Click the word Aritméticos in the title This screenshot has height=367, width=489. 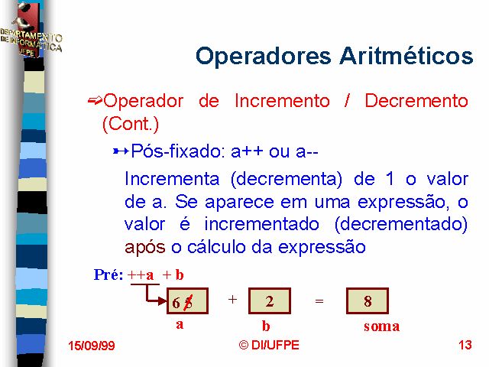406,56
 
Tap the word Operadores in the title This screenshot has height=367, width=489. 263,56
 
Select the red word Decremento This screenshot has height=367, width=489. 416,101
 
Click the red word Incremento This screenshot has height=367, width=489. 282,101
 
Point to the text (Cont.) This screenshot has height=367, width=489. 131,124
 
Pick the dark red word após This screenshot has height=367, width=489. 144,248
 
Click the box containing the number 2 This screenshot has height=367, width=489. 270,300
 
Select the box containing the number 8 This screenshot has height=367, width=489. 368,300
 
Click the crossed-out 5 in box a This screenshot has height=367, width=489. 188,303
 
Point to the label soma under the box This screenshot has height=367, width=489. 382,326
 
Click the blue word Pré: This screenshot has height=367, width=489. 108,274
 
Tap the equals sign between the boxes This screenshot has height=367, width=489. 319,300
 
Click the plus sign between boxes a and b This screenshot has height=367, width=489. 232,300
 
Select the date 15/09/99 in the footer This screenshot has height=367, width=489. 92,346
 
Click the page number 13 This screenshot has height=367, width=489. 465,345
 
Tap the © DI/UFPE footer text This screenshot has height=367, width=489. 269,345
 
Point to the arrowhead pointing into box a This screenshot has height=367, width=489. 163,301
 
